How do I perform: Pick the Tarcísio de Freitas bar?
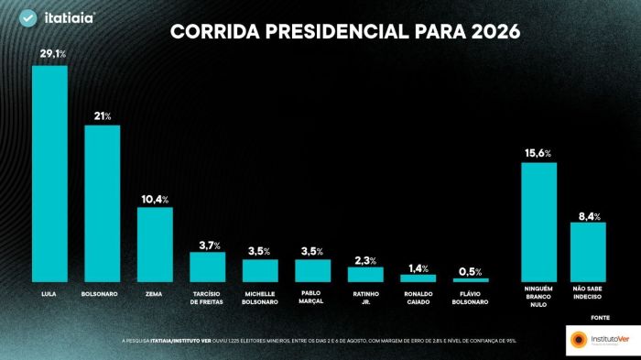point(207,267)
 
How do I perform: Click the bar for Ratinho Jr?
point(365,274)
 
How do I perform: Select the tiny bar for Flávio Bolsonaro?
point(471,279)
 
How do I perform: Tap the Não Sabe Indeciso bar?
point(588,252)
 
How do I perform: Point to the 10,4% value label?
point(155,199)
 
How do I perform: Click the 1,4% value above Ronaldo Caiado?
point(418,267)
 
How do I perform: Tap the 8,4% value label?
point(588,215)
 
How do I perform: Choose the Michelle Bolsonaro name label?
point(260,298)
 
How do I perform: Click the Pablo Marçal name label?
point(312,298)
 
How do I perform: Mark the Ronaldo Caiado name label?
point(418,298)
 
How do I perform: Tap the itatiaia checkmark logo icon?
point(28,18)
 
